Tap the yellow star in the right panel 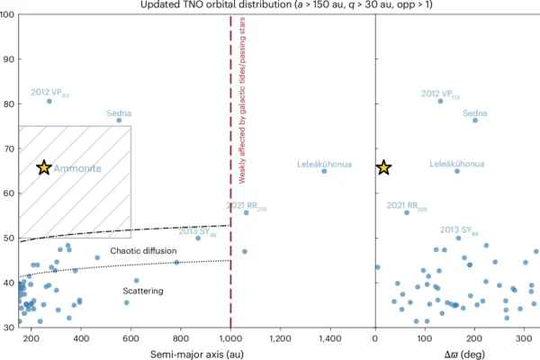[383, 167]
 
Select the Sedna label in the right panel [475, 113]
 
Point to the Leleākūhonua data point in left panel [324, 170]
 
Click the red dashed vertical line [231, 225]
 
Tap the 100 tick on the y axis [9, 15]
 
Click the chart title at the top [269, 5]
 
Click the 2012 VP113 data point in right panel [440, 101]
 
